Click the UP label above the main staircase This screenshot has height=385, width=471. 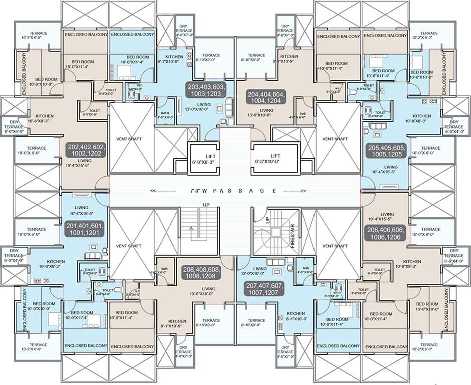click(206, 205)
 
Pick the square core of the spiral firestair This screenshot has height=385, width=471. click(275, 232)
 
